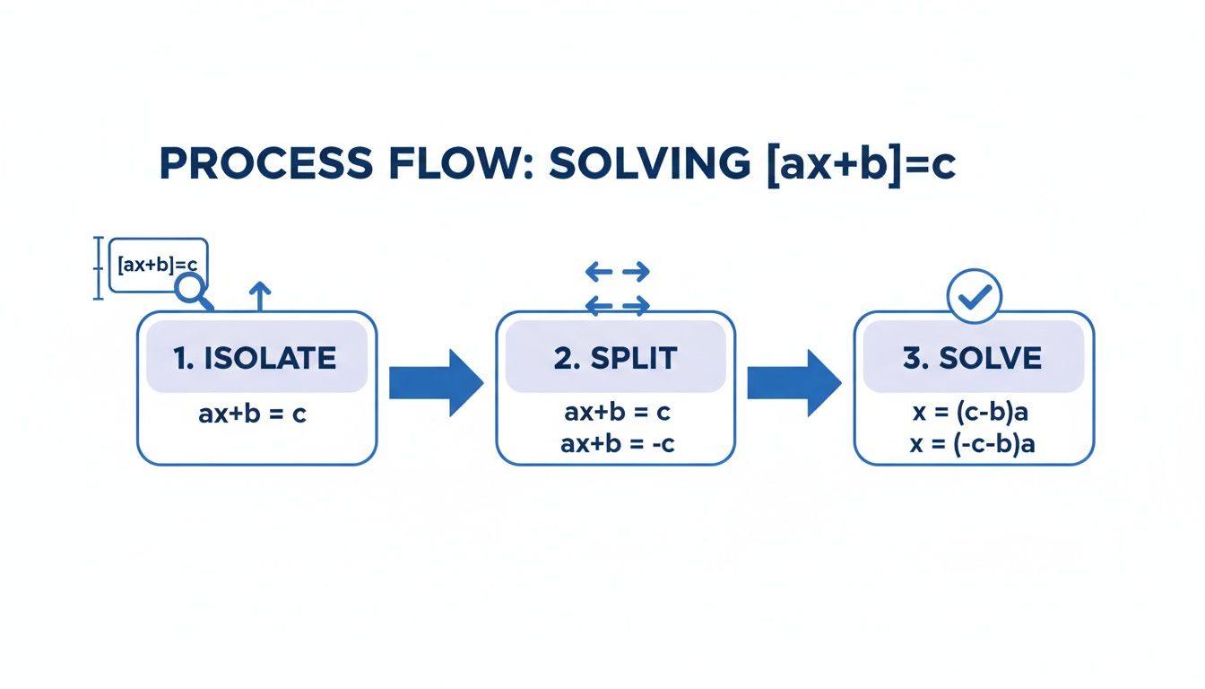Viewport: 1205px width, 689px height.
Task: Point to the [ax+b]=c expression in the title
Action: click(x=861, y=165)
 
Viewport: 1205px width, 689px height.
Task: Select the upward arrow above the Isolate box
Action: click(x=259, y=294)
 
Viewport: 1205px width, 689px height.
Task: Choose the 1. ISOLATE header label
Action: click(x=256, y=358)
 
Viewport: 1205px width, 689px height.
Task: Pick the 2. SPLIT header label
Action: click(x=615, y=358)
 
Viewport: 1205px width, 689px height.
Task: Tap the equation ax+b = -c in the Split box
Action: click(x=617, y=443)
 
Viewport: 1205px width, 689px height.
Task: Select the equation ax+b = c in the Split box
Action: click(x=617, y=414)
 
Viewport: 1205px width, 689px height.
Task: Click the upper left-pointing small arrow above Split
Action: click(x=599, y=272)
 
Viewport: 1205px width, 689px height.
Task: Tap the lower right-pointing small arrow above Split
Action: click(x=636, y=307)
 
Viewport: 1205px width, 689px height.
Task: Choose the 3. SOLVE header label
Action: click(x=973, y=358)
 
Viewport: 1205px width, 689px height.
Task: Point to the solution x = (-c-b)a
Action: click(x=973, y=443)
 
